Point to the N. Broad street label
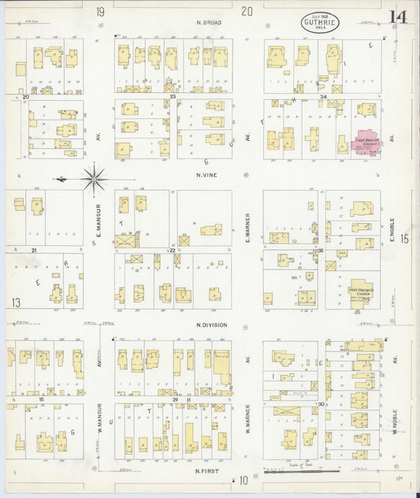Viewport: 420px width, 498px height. (x=209, y=23)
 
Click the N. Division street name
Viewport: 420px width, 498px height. (x=211, y=325)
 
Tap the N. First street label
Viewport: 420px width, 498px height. (x=206, y=471)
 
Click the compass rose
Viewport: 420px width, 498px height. (x=94, y=180)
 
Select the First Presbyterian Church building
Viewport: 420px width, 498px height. (x=363, y=292)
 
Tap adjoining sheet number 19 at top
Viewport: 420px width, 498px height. (x=99, y=11)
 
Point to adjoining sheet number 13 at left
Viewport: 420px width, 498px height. (x=15, y=303)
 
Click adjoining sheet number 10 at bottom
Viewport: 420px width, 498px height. (x=244, y=480)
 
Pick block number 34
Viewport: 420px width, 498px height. (x=323, y=97)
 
